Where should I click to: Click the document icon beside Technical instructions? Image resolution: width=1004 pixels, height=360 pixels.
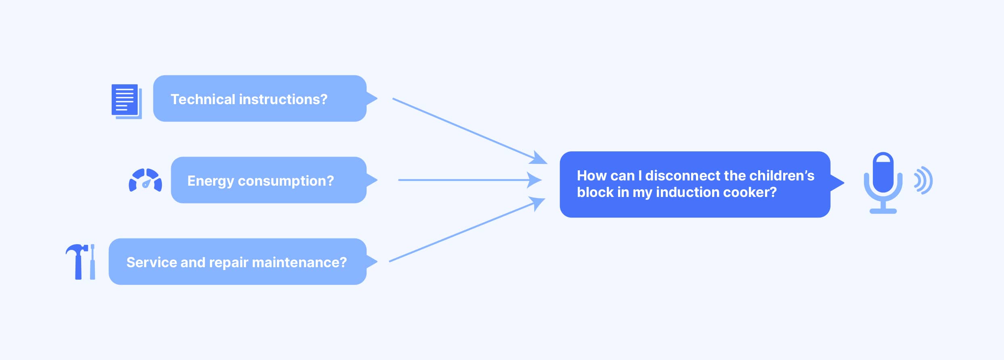[127, 101]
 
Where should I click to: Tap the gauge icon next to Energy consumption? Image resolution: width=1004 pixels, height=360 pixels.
[145, 180]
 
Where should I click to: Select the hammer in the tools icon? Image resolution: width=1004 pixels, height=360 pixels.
[77, 262]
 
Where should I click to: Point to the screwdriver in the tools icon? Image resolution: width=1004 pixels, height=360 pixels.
[92, 262]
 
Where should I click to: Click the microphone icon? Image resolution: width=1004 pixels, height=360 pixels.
[883, 183]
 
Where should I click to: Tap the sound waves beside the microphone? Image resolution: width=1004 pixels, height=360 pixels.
[923, 180]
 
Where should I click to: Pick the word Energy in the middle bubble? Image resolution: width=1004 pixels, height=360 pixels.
[210, 181]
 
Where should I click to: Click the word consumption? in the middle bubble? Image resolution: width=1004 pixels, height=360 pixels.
[286, 181]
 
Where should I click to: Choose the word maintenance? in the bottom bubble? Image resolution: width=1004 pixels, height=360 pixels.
[299, 262]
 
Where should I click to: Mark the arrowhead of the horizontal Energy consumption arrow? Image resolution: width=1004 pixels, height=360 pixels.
[534, 180]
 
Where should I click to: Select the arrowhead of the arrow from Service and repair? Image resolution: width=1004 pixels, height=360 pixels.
[537, 203]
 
